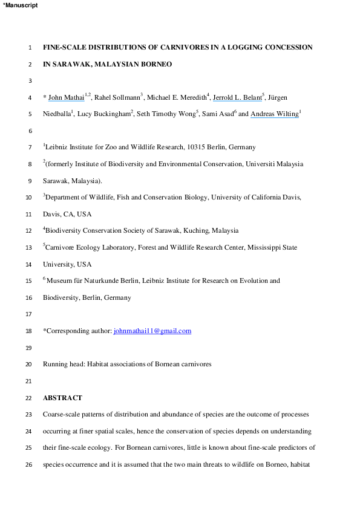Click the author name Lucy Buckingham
point(105,114)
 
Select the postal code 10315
point(180,147)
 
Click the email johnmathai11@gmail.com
point(152,331)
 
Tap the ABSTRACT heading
point(62,398)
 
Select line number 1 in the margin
point(30,47)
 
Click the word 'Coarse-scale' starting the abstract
point(63,415)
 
